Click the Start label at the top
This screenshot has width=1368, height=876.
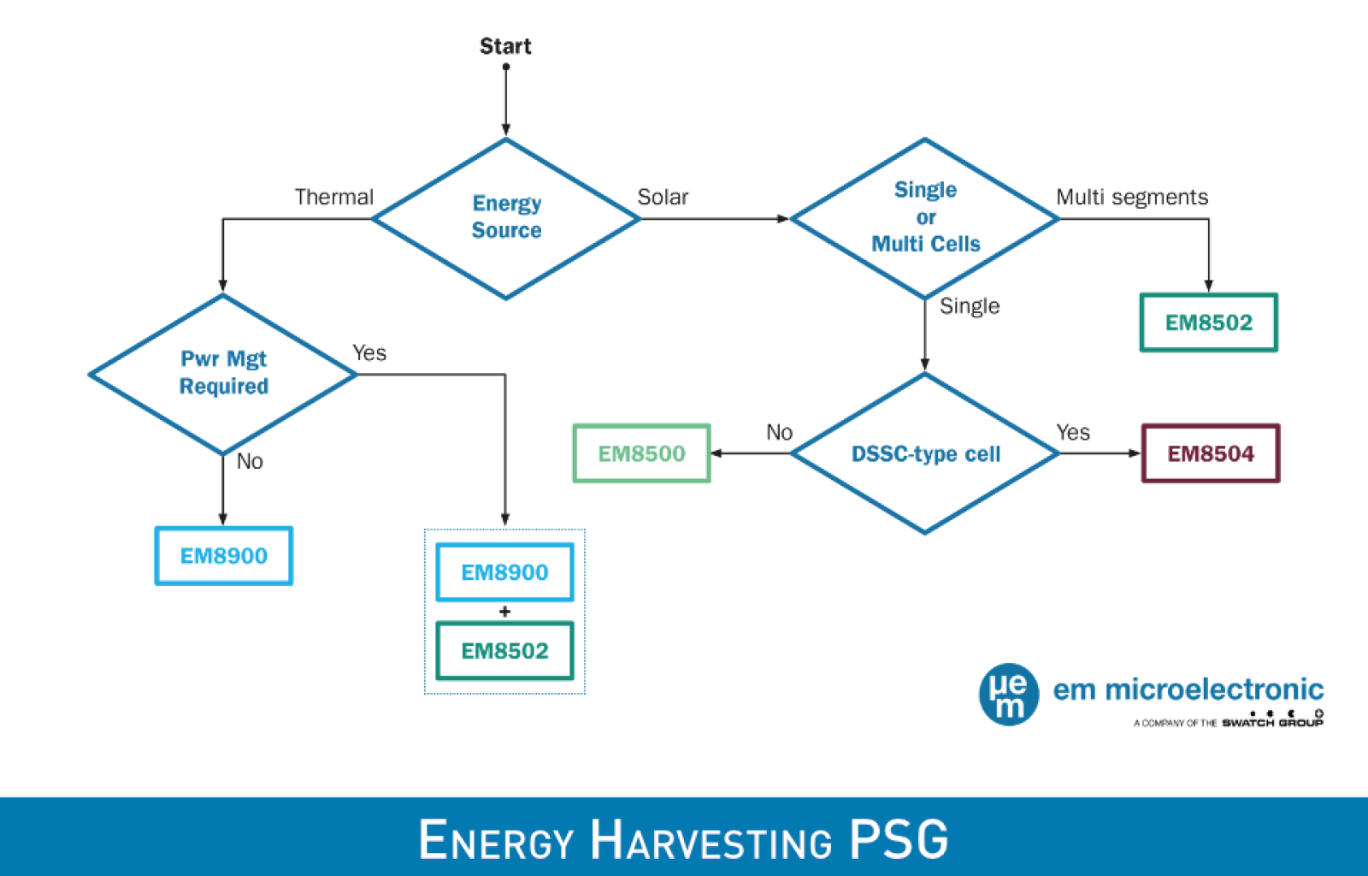coord(504,46)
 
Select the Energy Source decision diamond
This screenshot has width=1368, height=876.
coord(506,217)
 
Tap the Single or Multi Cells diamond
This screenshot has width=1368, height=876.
coord(925,217)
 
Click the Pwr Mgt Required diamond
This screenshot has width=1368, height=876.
coord(223,373)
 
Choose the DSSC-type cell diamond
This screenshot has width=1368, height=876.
coord(925,453)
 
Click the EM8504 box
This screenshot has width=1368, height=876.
coord(1211,453)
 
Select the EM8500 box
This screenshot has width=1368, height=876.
coord(641,453)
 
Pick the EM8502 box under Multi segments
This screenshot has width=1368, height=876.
coord(1208,323)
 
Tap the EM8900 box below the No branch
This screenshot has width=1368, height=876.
coord(223,556)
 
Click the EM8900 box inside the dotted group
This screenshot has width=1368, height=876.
coord(504,572)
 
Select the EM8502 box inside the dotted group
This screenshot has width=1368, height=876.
coord(504,651)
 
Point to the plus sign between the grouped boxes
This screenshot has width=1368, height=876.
coord(504,612)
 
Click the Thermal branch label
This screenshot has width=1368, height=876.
coord(334,198)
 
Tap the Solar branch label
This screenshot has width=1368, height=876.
coord(663,198)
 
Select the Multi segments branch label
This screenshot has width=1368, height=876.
coord(1132,198)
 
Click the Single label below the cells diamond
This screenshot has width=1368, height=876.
coord(970,306)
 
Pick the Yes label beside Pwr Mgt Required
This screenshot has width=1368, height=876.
coord(369,353)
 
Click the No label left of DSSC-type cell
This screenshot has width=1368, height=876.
coord(779,433)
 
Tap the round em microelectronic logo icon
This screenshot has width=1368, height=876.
coord(1009,695)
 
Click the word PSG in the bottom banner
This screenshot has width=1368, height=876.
coord(899,840)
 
